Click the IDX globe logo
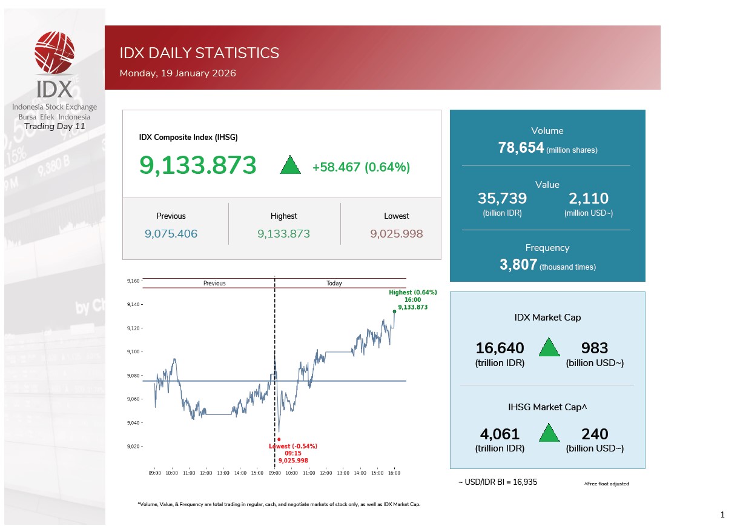pyautogui.click(x=54, y=52)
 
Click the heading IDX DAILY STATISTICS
pyautogui.click(x=199, y=53)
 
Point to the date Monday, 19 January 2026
pyautogui.click(x=177, y=73)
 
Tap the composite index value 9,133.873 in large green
pyautogui.click(x=198, y=165)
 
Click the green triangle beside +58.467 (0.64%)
pyautogui.click(x=291, y=165)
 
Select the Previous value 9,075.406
pyautogui.click(x=171, y=233)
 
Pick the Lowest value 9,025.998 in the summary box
pyautogui.click(x=396, y=233)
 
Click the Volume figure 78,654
pyautogui.click(x=520, y=148)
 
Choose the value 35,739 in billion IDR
pyautogui.click(x=502, y=198)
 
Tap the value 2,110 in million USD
pyautogui.click(x=588, y=198)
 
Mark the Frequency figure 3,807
pyautogui.click(x=518, y=264)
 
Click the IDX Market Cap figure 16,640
pyautogui.click(x=500, y=348)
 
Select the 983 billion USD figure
pyautogui.click(x=594, y=348)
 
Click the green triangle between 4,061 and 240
pyautogui.click(x=549, y=433)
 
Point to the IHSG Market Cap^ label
pyautogui.click(x=547, y=407)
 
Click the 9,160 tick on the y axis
pyautogui.click(x=133, y=281)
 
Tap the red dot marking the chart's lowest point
pyautogui.click(x=279, y=439)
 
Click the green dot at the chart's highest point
pyautogui.click(x=395, y=311)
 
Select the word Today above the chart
pyautogui.click(x=334, y=283)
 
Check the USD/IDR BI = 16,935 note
pyautogui.click(x=497, y=482)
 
